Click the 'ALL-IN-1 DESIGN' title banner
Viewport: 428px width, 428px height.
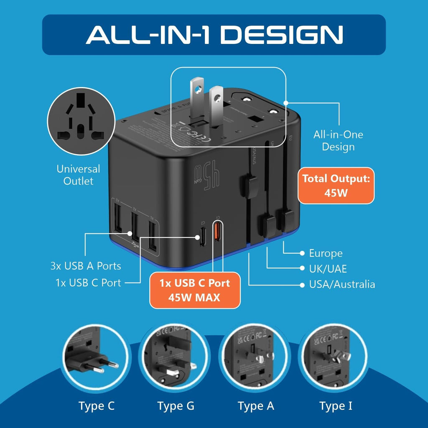(x=214, y=35)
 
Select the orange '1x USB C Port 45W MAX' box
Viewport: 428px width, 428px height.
(x=195, y=290)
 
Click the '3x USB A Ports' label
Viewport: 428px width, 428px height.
(x=85, y=266)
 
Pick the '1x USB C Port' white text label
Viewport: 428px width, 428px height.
(x=88, y=283)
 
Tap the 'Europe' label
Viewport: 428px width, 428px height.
(x=326, y=253)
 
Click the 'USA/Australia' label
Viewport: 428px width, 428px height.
(x=341, y=285)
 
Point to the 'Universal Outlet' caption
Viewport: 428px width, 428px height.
(x=78, y=175)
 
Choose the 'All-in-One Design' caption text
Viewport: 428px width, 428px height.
(x=338, y=140)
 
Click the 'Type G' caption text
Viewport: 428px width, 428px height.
(x=176, y=406)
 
